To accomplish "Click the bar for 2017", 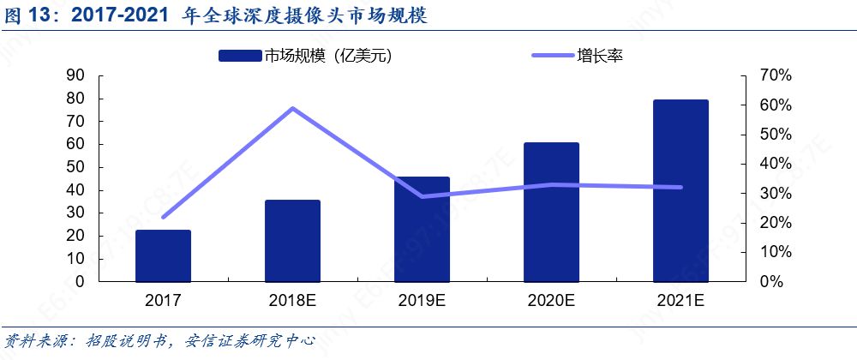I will pyautogui.click(x=163, y=255).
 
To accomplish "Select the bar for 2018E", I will pyautogui.click(x=292, y=241).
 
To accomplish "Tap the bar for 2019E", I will pyautogui.click(x=422, y=229).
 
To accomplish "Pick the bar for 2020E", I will pyautogui.click(x=551, y=212).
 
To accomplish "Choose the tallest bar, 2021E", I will pyautogui.click(x=680, y=190).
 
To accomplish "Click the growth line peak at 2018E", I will pyautogui.click(x=292, y=108).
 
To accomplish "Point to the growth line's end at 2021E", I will pyautogui.click(x=680, y=187).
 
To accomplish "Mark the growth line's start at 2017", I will pyautogui.click(x=163, y=217).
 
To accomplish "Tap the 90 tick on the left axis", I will pyautogui.click(x=75, y=75).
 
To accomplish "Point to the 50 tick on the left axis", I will pyautogui.click(x=75, y=167).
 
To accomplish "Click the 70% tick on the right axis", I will pyautogui.click(x=775, y=75).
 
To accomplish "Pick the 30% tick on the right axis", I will pyautogui.click(x=775, y=193).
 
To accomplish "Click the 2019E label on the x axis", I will pyautogui.click(x=422, y=301).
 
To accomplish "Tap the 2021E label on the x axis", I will pyautogui.click(x=680, y=301).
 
